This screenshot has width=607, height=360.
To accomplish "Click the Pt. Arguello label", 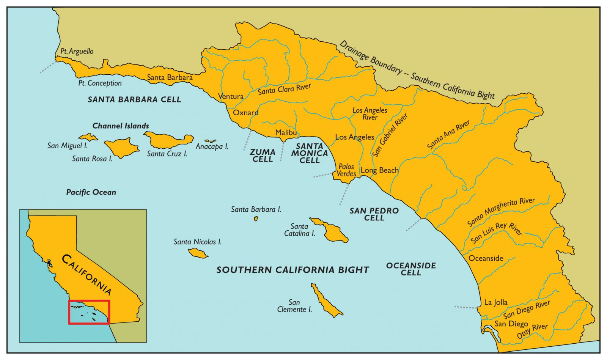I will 77,51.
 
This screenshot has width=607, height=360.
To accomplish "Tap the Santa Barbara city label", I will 170,77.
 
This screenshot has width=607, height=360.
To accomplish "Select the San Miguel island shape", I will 88,137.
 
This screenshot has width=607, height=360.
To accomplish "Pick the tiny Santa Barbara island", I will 256,219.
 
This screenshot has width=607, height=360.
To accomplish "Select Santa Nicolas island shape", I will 198,253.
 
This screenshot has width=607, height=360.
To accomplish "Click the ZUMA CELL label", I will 263,156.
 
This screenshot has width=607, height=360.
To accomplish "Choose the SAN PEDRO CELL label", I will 374,214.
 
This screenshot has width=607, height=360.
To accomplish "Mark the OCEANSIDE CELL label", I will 411,269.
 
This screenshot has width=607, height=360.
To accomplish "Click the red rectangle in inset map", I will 89,312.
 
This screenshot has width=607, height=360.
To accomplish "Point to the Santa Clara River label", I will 284,89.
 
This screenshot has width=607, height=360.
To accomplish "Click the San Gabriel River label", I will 390,135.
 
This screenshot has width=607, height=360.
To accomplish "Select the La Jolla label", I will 495,302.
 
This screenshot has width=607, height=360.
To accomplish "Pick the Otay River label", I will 532,331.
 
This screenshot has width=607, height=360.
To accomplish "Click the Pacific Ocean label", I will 91,192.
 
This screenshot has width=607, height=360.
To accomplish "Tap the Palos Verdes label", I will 346,170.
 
